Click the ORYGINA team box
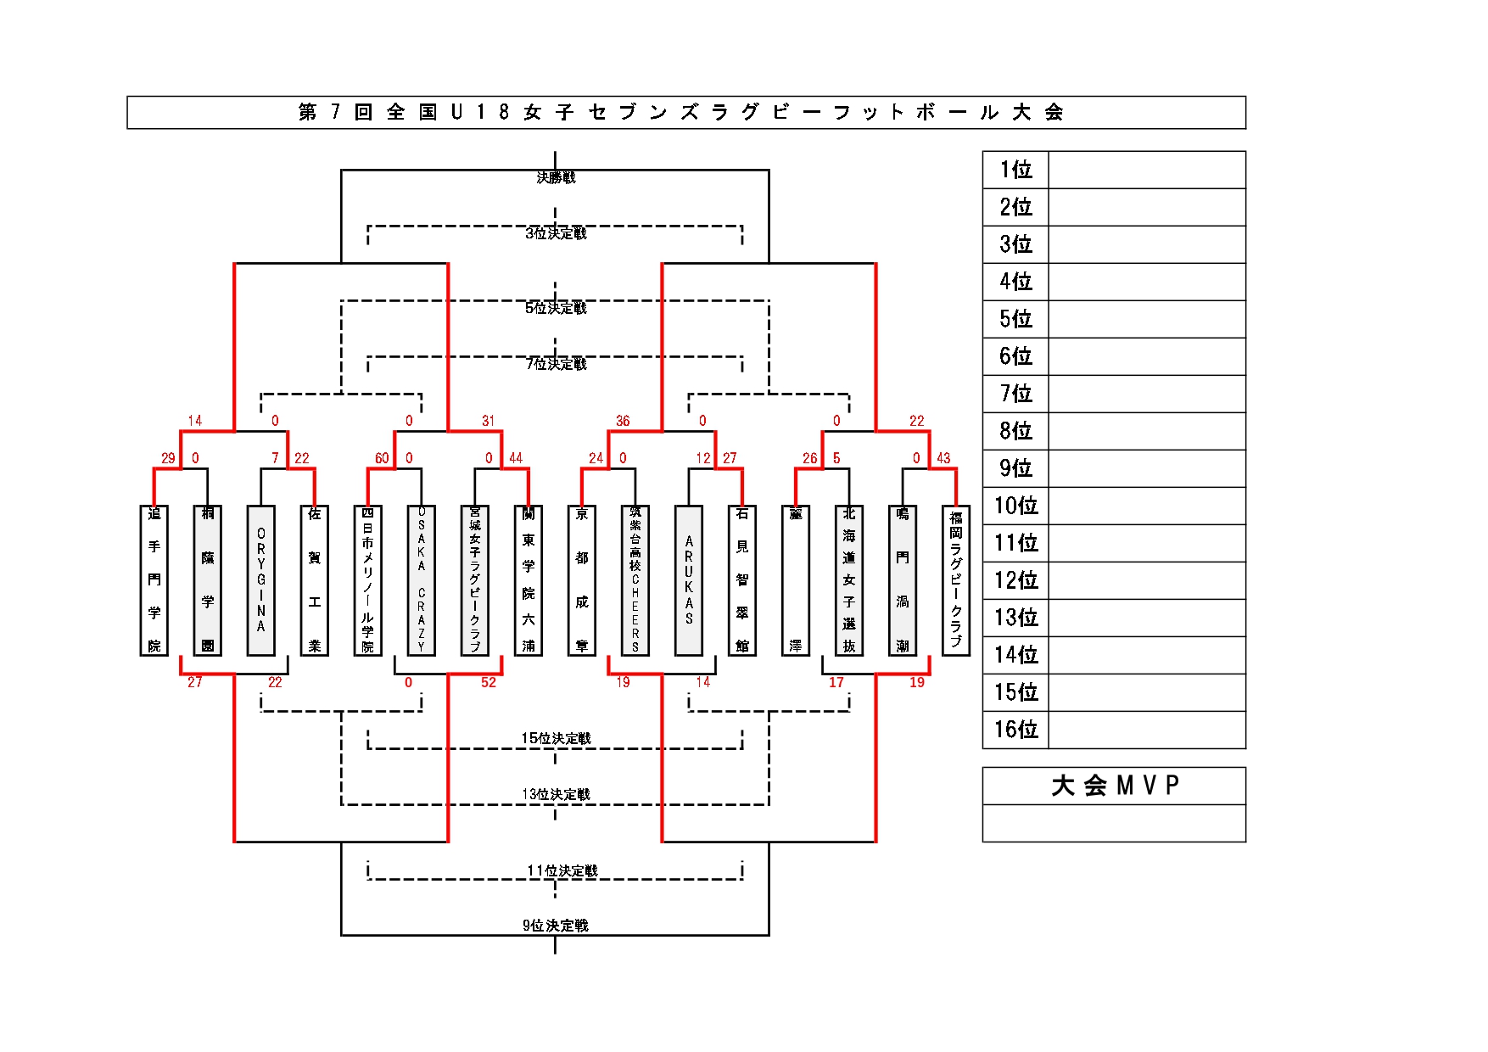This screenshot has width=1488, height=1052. point(261,580)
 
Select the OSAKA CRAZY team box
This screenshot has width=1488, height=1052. point(422,580)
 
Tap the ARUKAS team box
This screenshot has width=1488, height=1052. point(689,580)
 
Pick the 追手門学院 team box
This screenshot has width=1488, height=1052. point(154,580)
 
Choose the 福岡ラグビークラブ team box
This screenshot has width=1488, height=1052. point(956,580)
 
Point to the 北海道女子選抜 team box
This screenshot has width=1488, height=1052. point(849,580)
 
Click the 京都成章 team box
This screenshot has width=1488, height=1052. point(582,580)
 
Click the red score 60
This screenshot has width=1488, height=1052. point(382,458)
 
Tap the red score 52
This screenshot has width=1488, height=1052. point(489,682)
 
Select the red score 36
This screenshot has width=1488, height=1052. point(623,421)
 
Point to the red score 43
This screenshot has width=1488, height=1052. point(943,458)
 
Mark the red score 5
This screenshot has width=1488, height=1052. point(836,458)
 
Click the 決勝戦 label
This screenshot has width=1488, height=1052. point(556,177)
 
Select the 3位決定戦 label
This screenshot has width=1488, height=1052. point(556,233)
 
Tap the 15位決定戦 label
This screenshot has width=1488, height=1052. point(556,738)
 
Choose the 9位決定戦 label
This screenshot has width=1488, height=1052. point(556,925)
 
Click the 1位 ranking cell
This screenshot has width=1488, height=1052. point(1015,170)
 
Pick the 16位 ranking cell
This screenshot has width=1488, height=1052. point(1015,730)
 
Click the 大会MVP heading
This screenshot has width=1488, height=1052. point(1114,786)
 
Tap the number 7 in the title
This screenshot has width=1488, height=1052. point(335,112)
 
